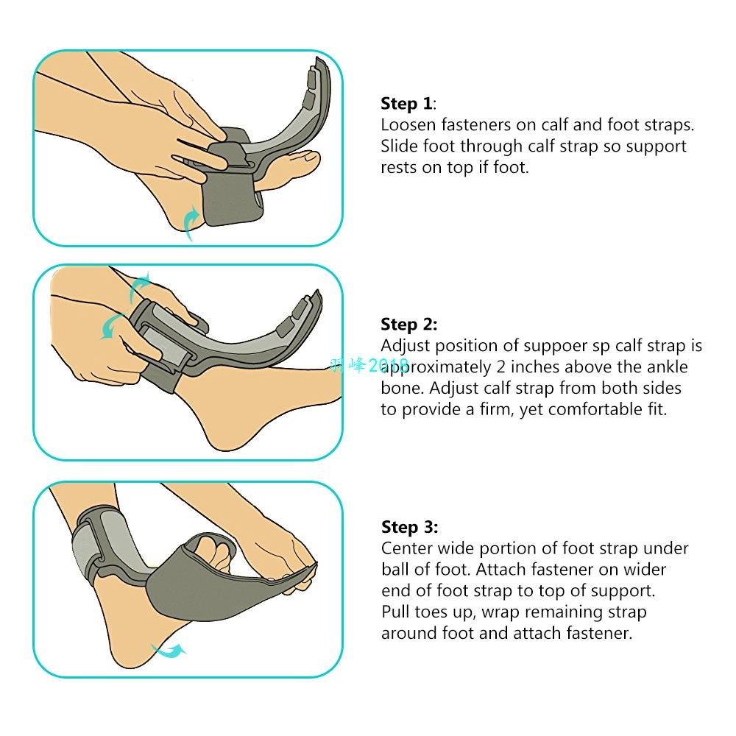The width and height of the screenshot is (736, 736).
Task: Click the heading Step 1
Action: point(407,104)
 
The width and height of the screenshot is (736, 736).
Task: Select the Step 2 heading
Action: point(408,325)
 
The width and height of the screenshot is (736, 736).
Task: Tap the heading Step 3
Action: point(409,527)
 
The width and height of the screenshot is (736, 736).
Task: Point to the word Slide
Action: point(399,146)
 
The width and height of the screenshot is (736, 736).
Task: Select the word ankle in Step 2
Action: point(665,367)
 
